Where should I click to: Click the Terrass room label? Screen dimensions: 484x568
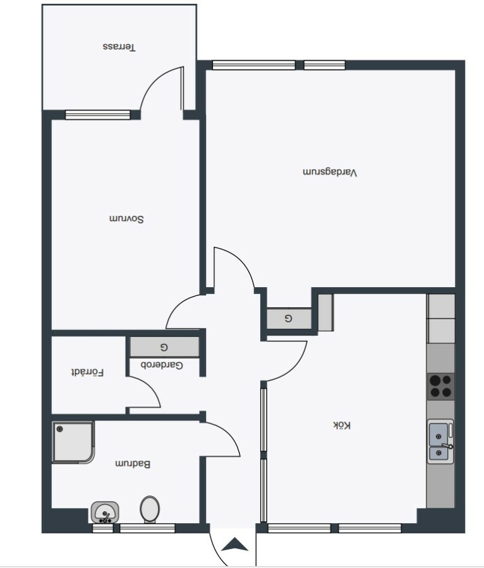pos(119,47)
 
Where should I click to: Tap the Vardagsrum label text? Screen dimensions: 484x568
pos(330,172)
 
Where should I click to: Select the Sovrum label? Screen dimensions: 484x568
pos(126,219)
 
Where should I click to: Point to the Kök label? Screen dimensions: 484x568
pos(342,425)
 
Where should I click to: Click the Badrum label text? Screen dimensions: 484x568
pos(133,464)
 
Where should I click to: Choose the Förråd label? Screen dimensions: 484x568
pos(87,372)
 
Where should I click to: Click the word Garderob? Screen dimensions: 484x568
pos(162,365)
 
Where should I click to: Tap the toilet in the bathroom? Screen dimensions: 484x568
pos(150,509)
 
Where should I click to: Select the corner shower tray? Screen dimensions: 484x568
pos(73,442)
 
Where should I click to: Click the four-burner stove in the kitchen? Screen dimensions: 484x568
pos(441,386)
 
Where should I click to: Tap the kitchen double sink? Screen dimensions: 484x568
pos(440,442)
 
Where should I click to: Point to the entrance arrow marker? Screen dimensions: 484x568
pos(234,545)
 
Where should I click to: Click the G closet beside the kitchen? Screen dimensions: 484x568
pos(289,319)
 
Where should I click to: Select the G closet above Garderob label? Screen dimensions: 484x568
pos(164,347)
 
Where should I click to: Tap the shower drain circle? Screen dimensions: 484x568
pos(60,429)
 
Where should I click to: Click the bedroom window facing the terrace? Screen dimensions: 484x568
pos(97,115)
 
